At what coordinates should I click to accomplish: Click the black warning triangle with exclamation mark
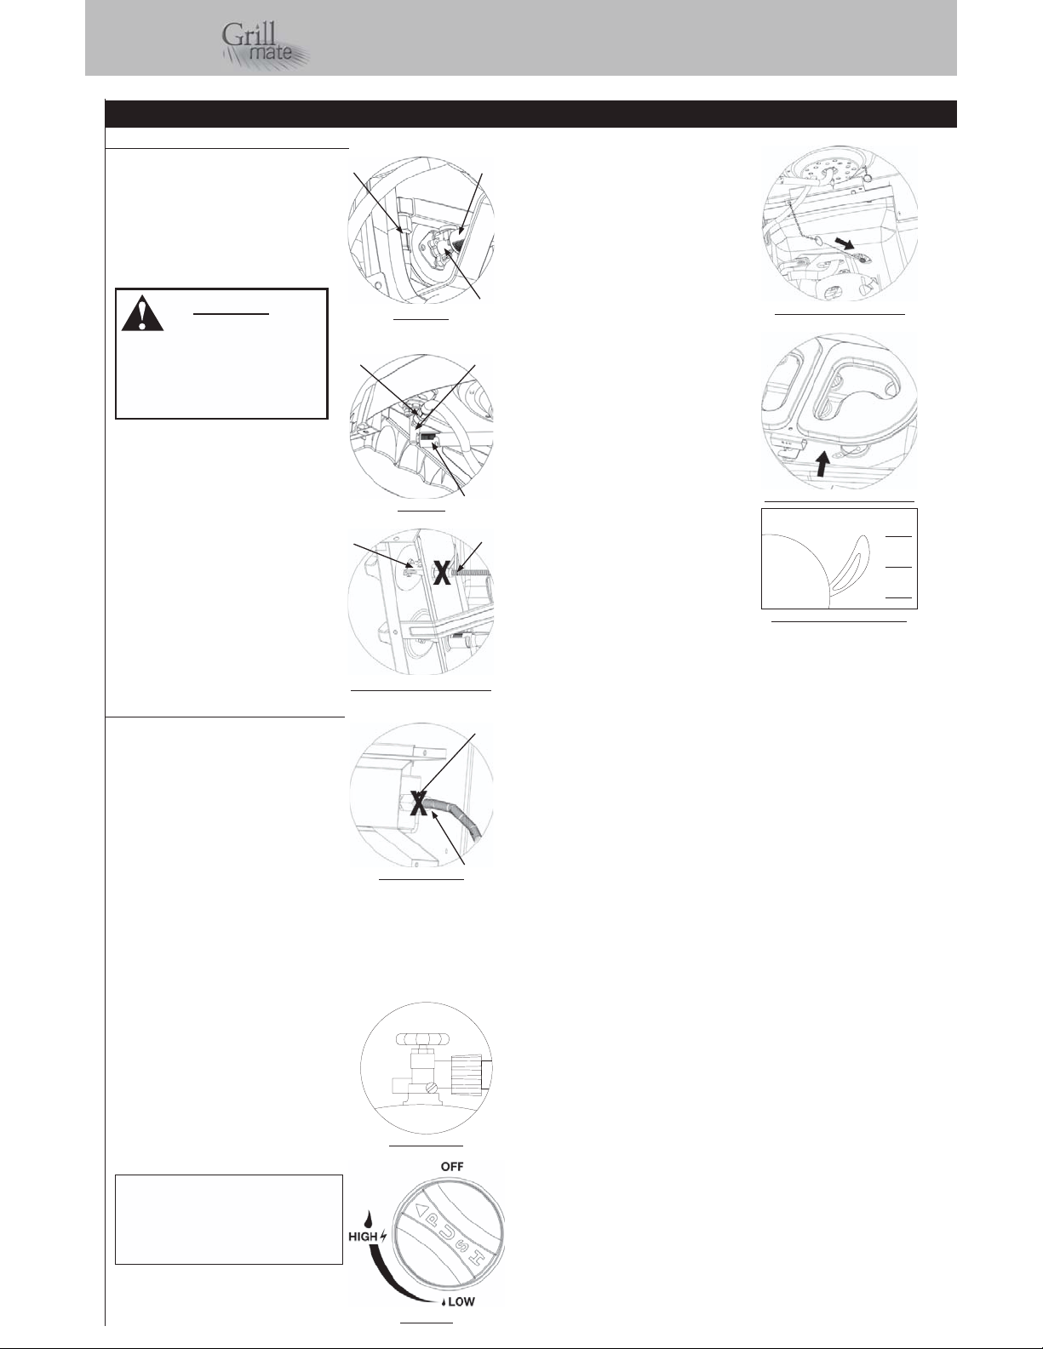coord(143,312)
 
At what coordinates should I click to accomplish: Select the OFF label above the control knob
coord(452,1167)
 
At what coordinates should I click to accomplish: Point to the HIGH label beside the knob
coord(363,1236)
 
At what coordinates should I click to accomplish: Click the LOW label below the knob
coord(461,1302)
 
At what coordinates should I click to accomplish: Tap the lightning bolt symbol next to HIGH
coord(383,1236)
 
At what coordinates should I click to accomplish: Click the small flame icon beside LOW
coord(444,1302)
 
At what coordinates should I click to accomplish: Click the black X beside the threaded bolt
coord(441,573)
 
